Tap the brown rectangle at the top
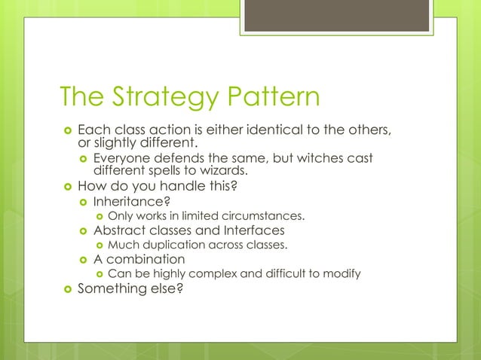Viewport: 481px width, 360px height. (335, 15)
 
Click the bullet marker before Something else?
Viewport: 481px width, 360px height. (65, 288)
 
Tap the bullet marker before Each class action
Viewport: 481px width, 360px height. (65, 130)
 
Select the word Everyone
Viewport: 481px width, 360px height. (121, 158)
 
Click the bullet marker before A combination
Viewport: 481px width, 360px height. (82, 259)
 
